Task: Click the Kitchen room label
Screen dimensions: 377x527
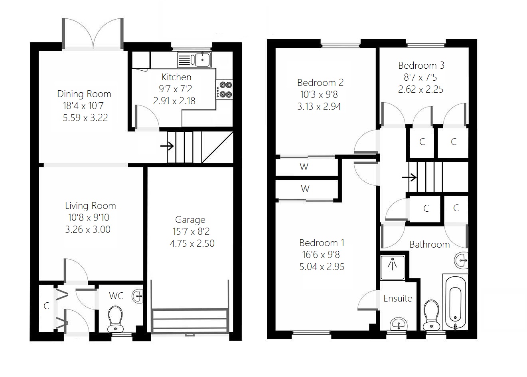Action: click(176, 77)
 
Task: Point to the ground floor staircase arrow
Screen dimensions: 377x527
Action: click(167, 146)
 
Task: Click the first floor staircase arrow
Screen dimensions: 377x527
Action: click(409, 177)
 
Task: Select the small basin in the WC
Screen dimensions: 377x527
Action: click(138, 296)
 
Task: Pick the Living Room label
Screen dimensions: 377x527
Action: click(91, 206)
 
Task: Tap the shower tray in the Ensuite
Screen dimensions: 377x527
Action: click(393, 267)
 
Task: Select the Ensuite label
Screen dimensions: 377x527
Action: click(398, 298)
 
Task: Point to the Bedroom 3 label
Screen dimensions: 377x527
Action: click(421, 65)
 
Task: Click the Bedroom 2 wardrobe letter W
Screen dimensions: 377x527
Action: click(304, 167)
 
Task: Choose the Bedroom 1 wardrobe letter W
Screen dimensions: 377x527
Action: click(305, 188)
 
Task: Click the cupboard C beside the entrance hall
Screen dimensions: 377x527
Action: click(46, 306)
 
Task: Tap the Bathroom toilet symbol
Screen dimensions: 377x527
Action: click(430, 314)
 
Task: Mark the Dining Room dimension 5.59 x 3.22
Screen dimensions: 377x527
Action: click(85, 118)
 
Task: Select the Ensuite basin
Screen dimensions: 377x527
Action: click(397, 324)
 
